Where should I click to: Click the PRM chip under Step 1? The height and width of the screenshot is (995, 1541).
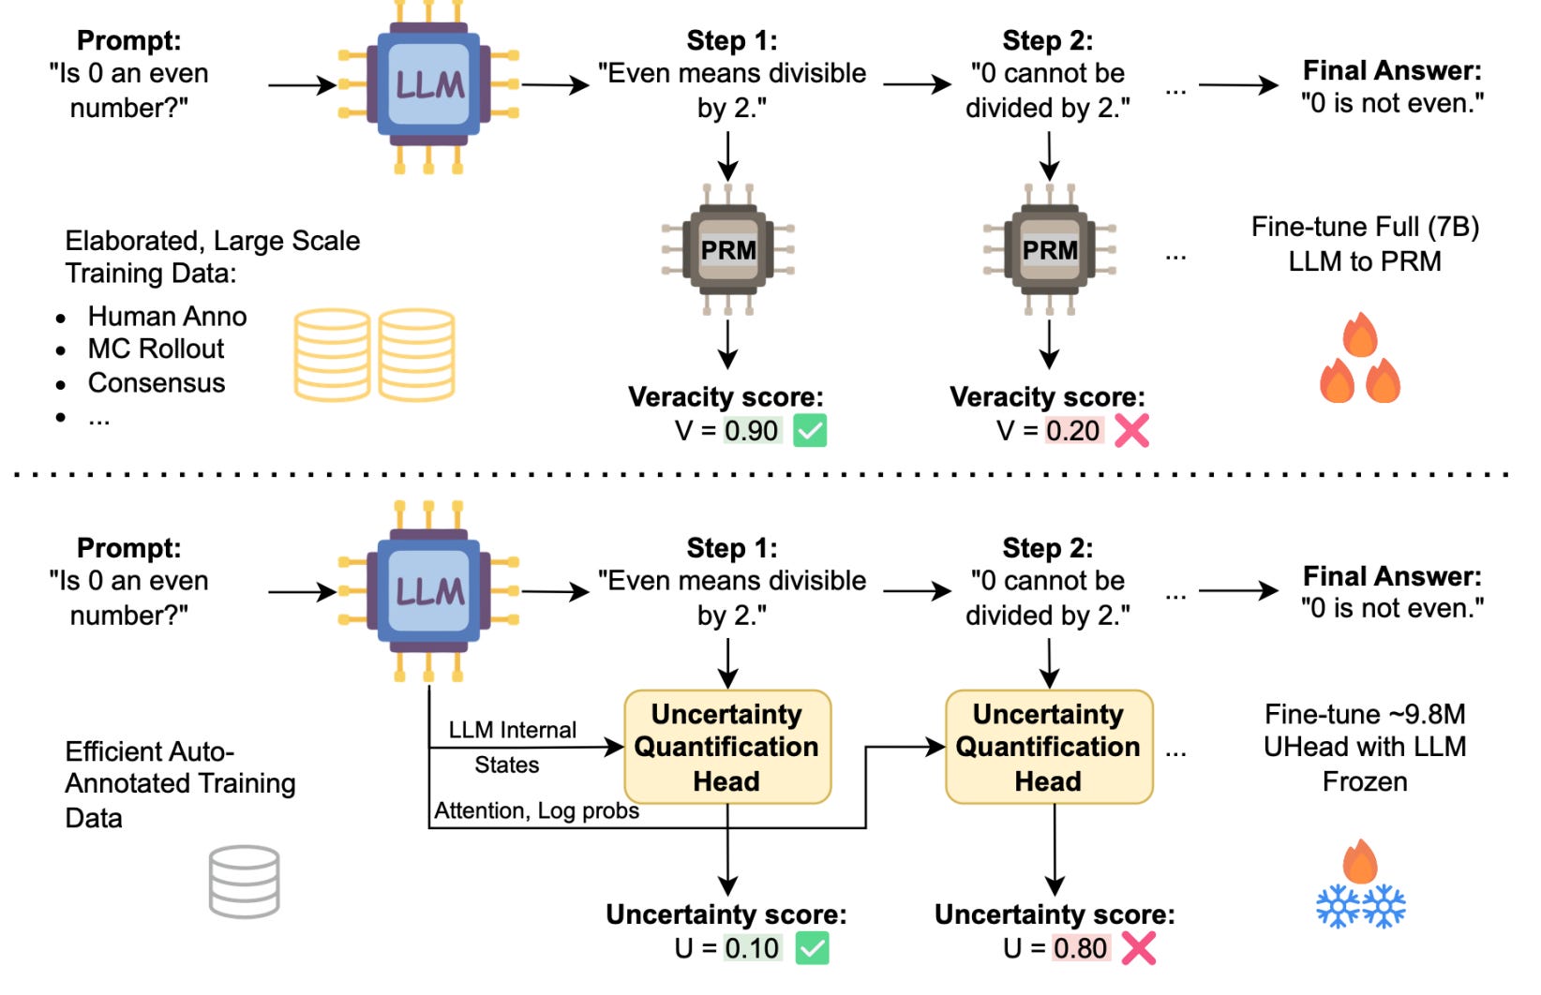point(728,249)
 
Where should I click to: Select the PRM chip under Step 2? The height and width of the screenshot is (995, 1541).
point(1049,249)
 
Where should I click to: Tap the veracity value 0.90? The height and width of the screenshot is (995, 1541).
point(752,431)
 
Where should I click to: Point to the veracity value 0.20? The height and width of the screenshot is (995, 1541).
point(1072,431)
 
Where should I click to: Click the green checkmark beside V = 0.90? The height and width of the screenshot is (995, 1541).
point(810,431)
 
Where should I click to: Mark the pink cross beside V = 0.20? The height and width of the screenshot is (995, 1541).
point(1132,431)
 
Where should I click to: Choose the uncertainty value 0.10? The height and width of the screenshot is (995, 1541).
point(752,948)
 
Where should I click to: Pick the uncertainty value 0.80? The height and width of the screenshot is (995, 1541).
point(1080,948)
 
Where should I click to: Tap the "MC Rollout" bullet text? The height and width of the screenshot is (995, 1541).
point(156,349)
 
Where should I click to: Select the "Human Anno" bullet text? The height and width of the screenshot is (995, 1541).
point(167,316)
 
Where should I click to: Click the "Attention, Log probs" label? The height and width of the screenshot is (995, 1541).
point(536,810)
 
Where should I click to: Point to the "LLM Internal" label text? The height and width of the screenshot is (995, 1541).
point(512,730)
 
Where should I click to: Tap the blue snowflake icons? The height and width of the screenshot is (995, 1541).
point(1360,907)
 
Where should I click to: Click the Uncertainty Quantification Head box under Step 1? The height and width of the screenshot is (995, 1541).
point(727,747)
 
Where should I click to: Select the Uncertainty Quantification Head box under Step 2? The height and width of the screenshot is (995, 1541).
point(1049,747)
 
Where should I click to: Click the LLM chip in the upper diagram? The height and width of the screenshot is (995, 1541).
point(428,85)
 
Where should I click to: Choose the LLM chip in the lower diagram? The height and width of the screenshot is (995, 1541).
point(428,591)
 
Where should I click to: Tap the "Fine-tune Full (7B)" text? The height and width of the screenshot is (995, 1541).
point(1365,227)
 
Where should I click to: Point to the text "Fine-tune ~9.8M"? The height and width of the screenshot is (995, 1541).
point(1365,714)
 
